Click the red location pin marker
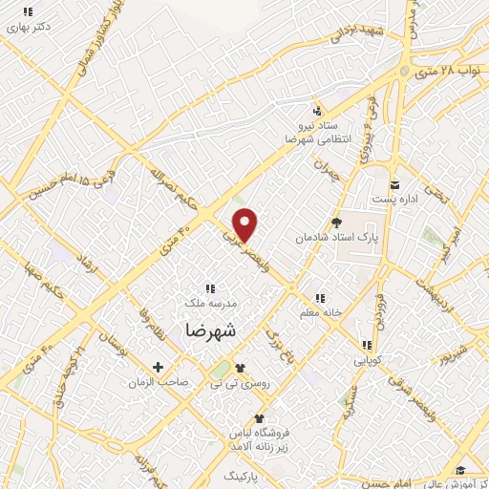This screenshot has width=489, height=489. coord(245,224)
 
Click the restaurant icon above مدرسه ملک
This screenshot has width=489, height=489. coord(210,287)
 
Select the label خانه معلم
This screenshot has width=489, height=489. coord(319,311)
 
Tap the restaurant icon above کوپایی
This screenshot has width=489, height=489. coord(365,346)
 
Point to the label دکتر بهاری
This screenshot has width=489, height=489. coord(28,27)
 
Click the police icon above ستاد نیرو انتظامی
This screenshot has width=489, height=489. coord(317,110)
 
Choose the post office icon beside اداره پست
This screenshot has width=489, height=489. coord(393,184)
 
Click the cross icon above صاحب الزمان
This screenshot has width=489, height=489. coord(159,367)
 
